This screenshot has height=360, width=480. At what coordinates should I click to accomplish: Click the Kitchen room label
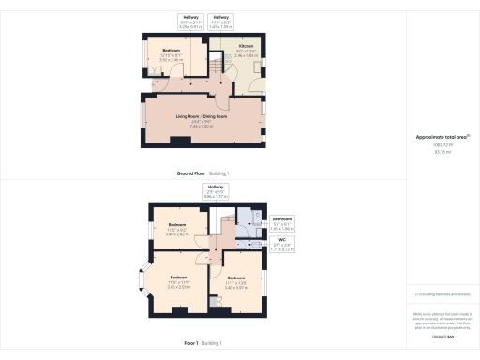pyautogui.click(x=246, y=47)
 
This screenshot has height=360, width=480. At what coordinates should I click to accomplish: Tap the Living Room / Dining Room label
pyautogui.click(x=202, y=117)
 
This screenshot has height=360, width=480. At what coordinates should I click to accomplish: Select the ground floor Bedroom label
pyautogui.click(x=171, y=51)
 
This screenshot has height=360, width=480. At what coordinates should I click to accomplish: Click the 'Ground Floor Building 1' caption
pyautogui.click(x=202, y=174)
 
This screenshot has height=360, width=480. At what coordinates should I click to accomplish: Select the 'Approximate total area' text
pyautogui.click(x=442, y=138)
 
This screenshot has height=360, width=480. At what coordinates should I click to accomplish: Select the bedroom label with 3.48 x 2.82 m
pyautogui.click(x=178, y=228)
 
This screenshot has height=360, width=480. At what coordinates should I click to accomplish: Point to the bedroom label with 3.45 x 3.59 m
pyautogui.click(x=178, y=281)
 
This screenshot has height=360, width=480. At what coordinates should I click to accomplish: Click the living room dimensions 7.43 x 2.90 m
pyautogui.click(x=202, y=125)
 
